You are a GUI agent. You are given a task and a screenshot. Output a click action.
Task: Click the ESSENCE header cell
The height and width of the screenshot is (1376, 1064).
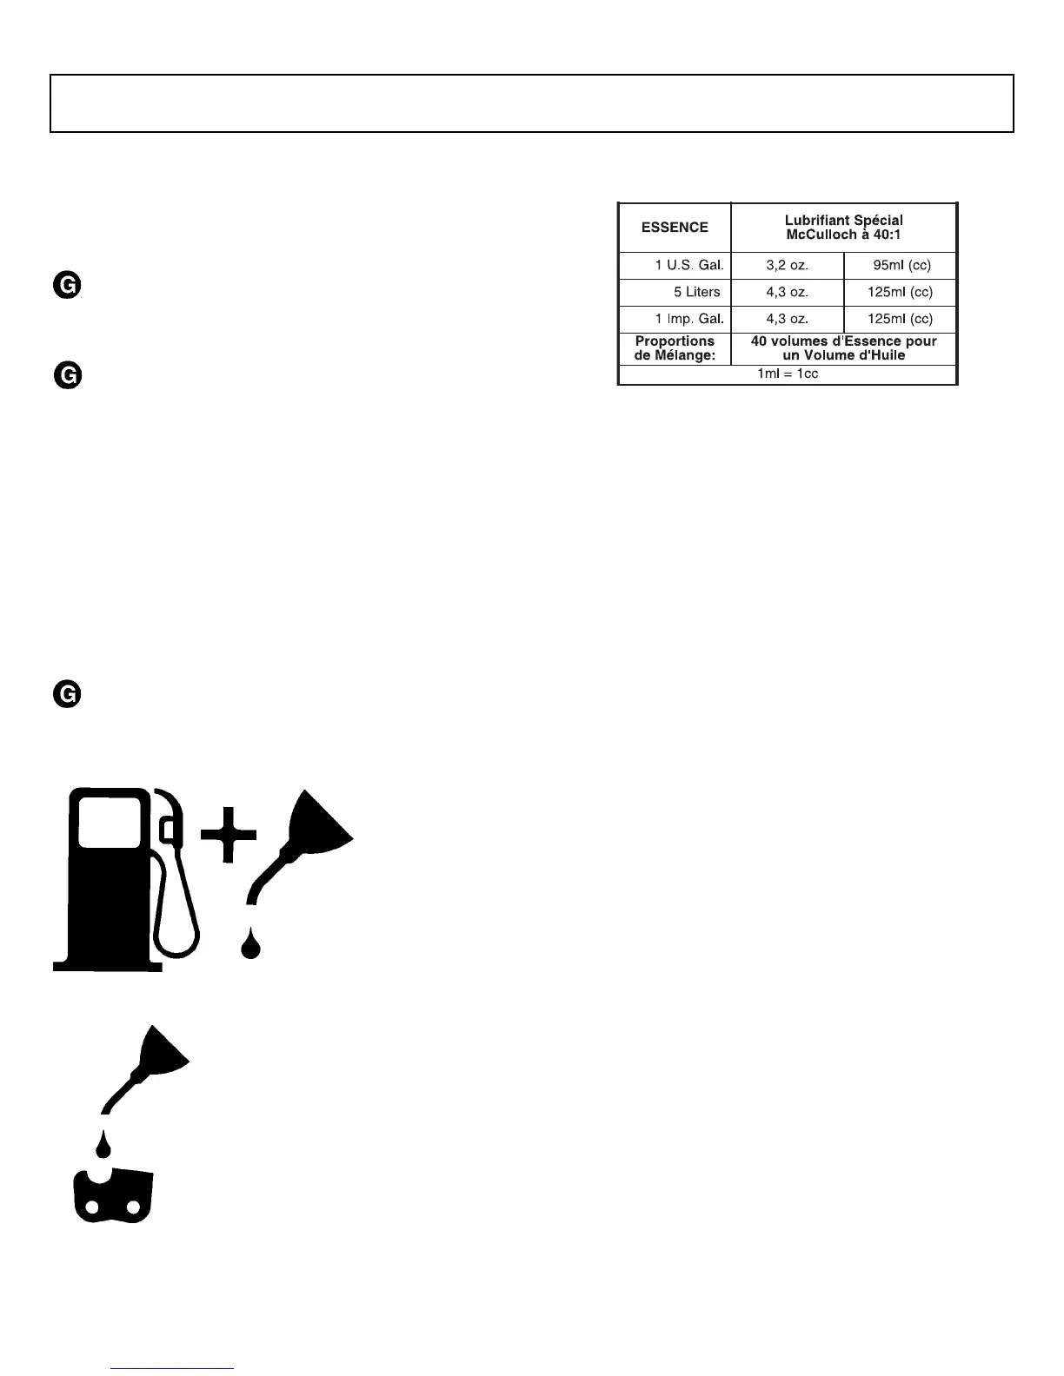[x=675, y=228]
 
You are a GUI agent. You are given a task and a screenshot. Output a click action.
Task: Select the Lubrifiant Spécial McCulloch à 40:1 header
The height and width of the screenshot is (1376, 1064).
[x=843, y=228]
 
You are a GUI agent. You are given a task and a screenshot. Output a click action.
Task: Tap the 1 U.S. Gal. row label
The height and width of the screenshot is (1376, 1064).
[x=688, y=266]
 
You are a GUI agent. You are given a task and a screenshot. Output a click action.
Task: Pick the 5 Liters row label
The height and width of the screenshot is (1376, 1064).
[x=696, y=292]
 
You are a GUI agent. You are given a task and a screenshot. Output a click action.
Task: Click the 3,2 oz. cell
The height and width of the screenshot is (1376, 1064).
[x=787, y=266]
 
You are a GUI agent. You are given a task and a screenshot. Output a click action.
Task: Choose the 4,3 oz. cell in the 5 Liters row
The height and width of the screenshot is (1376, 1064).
[x=787, y=292]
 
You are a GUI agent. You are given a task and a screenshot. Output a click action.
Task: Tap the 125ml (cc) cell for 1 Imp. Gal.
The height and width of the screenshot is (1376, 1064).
[x=900, y=319]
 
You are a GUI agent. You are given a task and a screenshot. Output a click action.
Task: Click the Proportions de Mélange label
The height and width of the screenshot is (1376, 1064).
[x=675, y=348]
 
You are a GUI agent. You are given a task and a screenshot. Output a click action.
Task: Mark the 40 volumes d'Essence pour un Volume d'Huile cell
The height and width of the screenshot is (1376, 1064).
[x=843, y=348]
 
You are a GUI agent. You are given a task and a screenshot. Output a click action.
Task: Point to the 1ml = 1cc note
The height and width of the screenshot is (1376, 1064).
[x=787, y=374]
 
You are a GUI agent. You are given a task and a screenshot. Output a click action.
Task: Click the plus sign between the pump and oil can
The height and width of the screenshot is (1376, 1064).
[x=228, y=834]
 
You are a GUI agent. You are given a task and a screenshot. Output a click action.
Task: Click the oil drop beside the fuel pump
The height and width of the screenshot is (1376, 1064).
[x=251, y=944]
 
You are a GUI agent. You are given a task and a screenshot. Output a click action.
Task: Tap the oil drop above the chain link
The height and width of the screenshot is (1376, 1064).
[x=104, y=1146]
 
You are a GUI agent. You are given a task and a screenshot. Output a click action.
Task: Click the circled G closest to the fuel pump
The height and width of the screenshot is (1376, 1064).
[x=67, y=695]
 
